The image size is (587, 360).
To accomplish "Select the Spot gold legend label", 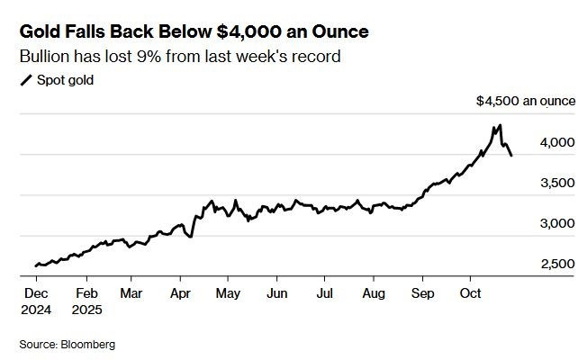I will pyautogui.click(x=65, y=80).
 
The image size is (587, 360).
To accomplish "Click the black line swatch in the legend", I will pyautogui.click(x=25, y=80).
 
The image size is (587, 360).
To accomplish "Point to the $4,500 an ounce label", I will pyautogui.click(x=525, y=102).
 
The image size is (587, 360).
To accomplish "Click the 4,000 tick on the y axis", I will pyautogui.click(x=555, y=142).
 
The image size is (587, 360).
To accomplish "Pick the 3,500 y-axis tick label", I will pyautogui.click(x=555, y=183).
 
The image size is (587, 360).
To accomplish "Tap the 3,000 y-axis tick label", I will pyautogui.click(x=555, y=223).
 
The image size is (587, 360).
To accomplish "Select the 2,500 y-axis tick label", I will pyautogui.click(x=555, y=264).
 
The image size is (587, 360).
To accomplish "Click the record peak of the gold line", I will pyautogui.click(x=500, y=125).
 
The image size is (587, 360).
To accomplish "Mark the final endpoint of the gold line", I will pyautogui.click(x=512, y=156).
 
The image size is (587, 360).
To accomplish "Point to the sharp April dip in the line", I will pyautogui.click(x=189, y=237).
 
